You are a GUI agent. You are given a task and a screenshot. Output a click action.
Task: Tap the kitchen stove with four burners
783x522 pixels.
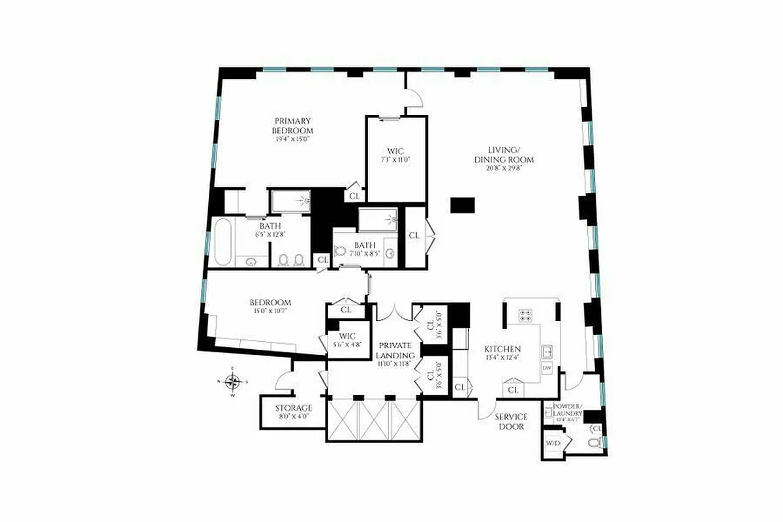[526, 316]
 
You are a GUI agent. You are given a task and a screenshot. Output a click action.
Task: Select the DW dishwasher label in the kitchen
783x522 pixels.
[547, 368]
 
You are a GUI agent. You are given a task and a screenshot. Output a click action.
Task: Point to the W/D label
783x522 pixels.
[553, 444]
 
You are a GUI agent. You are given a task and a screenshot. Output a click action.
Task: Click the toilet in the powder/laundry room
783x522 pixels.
[594, 444]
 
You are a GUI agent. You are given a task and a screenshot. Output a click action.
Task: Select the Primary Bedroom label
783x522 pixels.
[293, 125]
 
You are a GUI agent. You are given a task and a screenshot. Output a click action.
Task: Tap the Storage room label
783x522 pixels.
[293, 408]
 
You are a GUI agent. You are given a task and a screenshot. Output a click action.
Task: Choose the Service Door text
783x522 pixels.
[511, 422]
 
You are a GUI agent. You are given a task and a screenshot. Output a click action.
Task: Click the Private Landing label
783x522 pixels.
[394, 350]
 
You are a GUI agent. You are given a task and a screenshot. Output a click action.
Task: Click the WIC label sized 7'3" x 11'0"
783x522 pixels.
[395, 151]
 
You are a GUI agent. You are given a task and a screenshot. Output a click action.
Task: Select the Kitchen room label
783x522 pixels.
[502, 349]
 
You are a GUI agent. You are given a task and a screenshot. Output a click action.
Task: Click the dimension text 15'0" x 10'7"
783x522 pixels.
[269, 311]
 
